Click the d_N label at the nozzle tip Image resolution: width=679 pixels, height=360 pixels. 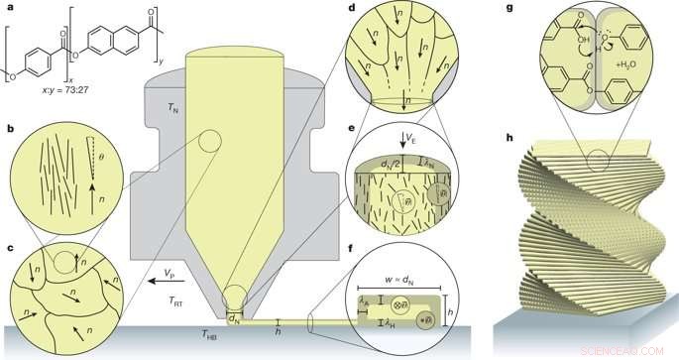point(235,317)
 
